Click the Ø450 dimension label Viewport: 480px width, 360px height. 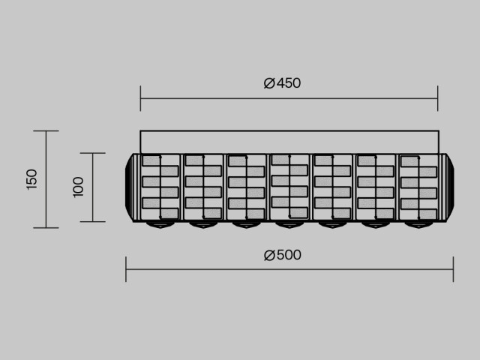pos(282,83)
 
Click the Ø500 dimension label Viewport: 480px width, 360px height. pos(282,255)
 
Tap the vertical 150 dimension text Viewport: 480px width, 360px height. pos(31,179)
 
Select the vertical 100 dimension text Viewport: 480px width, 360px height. pos(78,187)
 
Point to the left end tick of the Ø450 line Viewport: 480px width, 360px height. pos(140,98)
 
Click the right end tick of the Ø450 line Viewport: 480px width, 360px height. pos(438,98)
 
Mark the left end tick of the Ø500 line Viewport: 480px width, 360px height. pos(126,269)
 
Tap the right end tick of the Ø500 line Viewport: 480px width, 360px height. pos(453,269)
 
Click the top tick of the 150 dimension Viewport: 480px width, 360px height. pos(46,130)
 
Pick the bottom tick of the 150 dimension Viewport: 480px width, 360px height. pos(46,228)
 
